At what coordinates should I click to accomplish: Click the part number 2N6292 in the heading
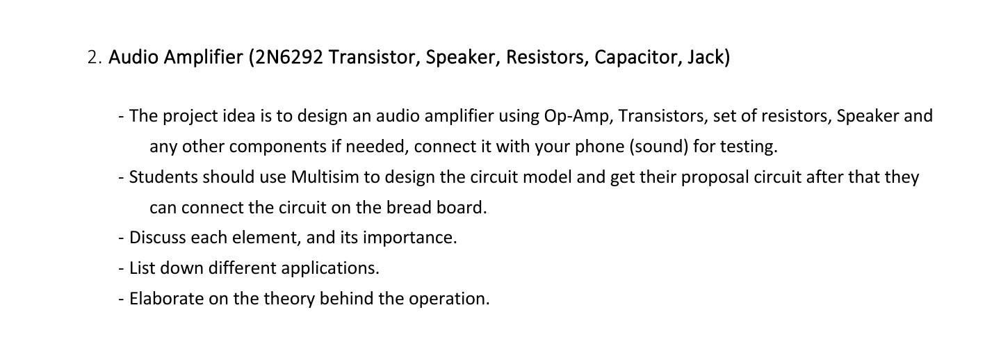point(290,57)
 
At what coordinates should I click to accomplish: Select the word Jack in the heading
point(706,57)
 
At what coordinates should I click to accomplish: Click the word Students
point(164,177)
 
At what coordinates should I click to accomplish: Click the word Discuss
point(158,238)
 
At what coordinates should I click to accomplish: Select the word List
point(141,268)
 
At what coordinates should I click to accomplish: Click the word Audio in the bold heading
point(134,57)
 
